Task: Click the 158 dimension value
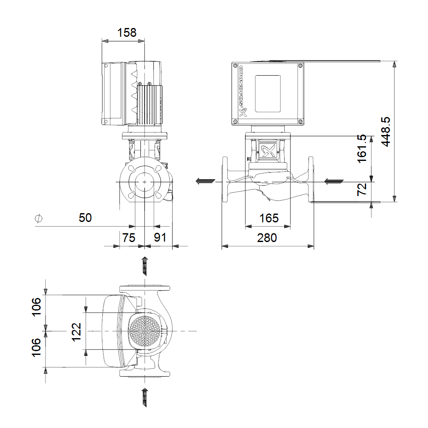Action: point(127,33)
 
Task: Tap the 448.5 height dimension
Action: point(385,132)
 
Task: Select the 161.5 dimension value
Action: point(362,148)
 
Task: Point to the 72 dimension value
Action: point(362,189)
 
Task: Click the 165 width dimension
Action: point(269,218)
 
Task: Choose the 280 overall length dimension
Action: point(267,238)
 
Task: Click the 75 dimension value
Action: point(129,238)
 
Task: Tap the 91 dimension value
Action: point(160,237)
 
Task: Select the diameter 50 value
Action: point(85,218)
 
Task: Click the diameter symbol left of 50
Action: point(39,218)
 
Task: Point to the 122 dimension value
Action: point(76,331)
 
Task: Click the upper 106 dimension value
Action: point(36,307)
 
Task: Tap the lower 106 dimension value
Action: point(36,347)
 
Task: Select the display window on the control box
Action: point(267,93)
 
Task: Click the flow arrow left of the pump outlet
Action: point(206,181)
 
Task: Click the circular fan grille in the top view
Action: point(144,331)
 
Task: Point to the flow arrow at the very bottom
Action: point(145,397)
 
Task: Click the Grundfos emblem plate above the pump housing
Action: point(267,149)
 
